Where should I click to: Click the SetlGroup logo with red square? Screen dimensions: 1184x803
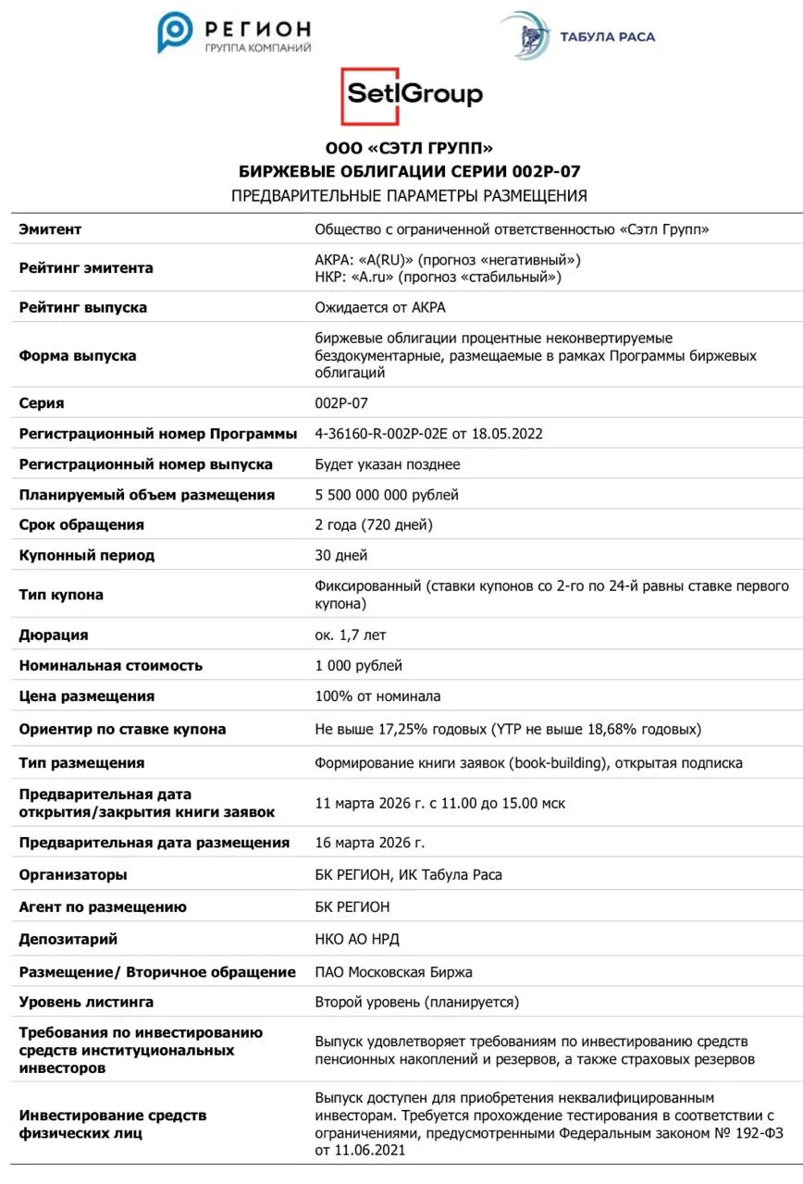click(412, 95)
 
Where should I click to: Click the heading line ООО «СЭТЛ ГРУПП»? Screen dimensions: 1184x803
click(409, 148)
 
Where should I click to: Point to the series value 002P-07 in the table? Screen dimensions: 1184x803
click(341, 403)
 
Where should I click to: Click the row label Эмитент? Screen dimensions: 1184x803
click(50, 229)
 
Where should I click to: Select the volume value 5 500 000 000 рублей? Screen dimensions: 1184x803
click(387, 495)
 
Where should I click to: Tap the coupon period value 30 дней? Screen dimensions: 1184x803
click(341, 556)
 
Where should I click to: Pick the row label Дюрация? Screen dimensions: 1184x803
click(54, 635)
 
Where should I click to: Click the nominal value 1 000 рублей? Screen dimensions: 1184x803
click(359, 666)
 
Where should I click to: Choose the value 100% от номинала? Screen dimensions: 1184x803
click(377, 697)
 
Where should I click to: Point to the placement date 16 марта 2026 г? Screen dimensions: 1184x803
click(370, 843)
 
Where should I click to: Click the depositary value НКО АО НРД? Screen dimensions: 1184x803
click(357, 940)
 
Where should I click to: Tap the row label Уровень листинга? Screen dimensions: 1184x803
click(86, 1003)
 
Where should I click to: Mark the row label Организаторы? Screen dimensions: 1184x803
click(73, 875)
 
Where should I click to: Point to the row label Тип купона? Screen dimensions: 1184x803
click(61, 595)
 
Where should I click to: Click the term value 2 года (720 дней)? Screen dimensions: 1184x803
click(374, 525)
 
